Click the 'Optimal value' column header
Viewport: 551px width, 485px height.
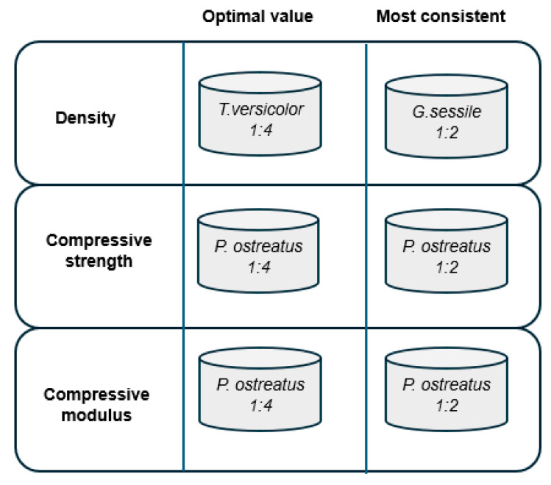pos(257,16)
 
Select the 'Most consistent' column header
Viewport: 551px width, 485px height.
pos(441,16)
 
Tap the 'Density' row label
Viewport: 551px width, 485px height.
pos(85,118)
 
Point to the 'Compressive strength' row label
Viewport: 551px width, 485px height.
pos(99,251)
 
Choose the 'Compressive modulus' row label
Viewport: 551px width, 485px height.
pos(96,405)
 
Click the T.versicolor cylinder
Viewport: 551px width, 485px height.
pos(260,114)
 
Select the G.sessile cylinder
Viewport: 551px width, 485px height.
pos(447,116)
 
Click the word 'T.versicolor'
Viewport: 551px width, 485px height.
pos(260,109)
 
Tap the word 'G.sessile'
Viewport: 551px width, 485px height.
pos(447,112)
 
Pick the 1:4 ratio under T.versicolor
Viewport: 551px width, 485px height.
pos(261,130)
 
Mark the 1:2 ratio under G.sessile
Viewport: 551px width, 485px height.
pos(447,133)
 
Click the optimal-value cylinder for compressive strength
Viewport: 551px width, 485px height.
pos(258,251)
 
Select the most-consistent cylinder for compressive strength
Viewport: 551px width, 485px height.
pos(447,251)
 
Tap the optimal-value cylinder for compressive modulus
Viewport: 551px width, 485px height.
pos(260,389)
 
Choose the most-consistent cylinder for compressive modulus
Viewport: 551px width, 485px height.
pos(447,389)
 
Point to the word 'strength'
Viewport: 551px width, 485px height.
pos(99,261)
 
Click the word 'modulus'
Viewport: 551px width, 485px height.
pos(96,415)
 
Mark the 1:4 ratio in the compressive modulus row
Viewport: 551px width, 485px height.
pos(261,406)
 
